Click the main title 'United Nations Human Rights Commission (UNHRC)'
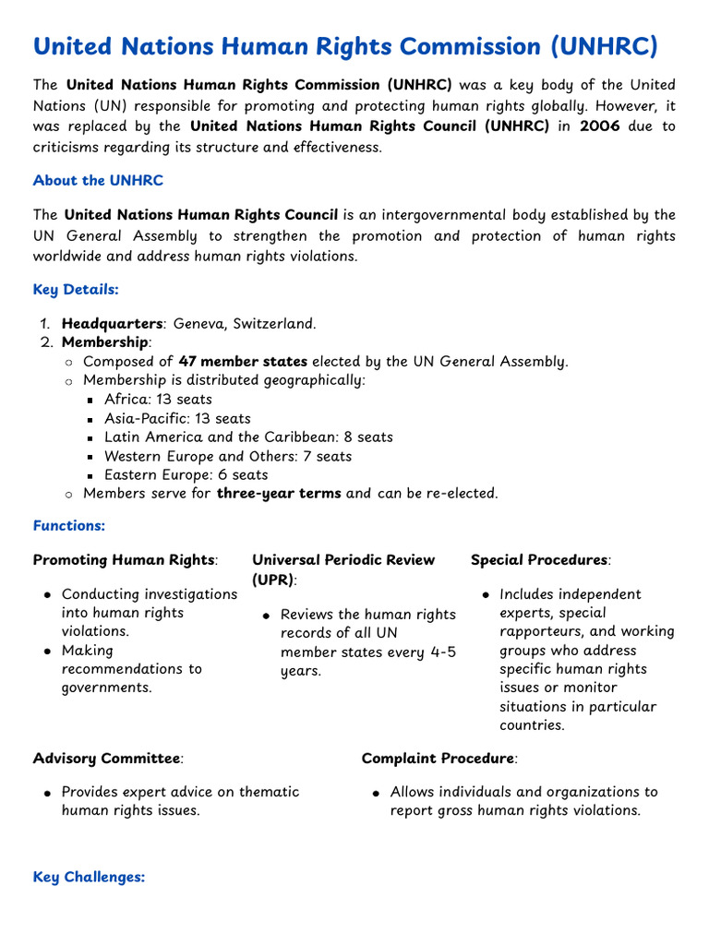tap(345, 46)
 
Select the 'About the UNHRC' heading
tap(98, 180)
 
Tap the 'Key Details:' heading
tap(76, 289)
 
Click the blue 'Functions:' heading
tap(69, 525)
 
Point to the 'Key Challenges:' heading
tap(89, 877)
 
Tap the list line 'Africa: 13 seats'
tap(158, 400)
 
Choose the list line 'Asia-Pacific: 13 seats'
tap(177, 418)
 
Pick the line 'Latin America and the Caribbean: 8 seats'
tap(248, 437)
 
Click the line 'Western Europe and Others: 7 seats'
tap(228, 456)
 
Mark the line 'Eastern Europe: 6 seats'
tap(186, 475)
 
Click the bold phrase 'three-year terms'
tap(279, 494)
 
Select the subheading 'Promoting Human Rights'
tap(125, 560)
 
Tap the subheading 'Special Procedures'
tap(539, 560)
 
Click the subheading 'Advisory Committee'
tap(106, 759)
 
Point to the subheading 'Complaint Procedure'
tap(438, 759)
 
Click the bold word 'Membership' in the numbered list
tap(104, 343)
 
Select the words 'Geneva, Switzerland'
tap(245, 324)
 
